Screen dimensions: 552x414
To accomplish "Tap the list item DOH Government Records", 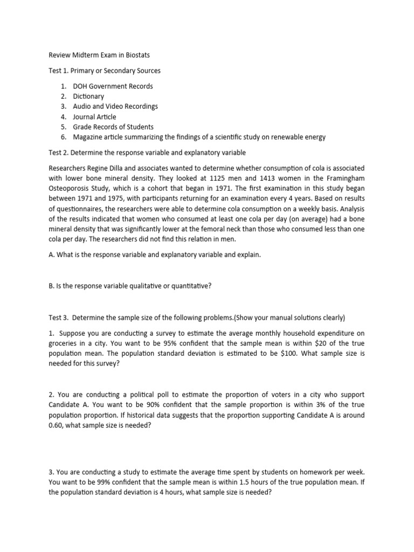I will [x=113, y=86].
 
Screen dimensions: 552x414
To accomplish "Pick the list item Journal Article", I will [x=94, y=117].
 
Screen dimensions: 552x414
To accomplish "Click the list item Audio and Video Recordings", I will [x=115, y=107].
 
